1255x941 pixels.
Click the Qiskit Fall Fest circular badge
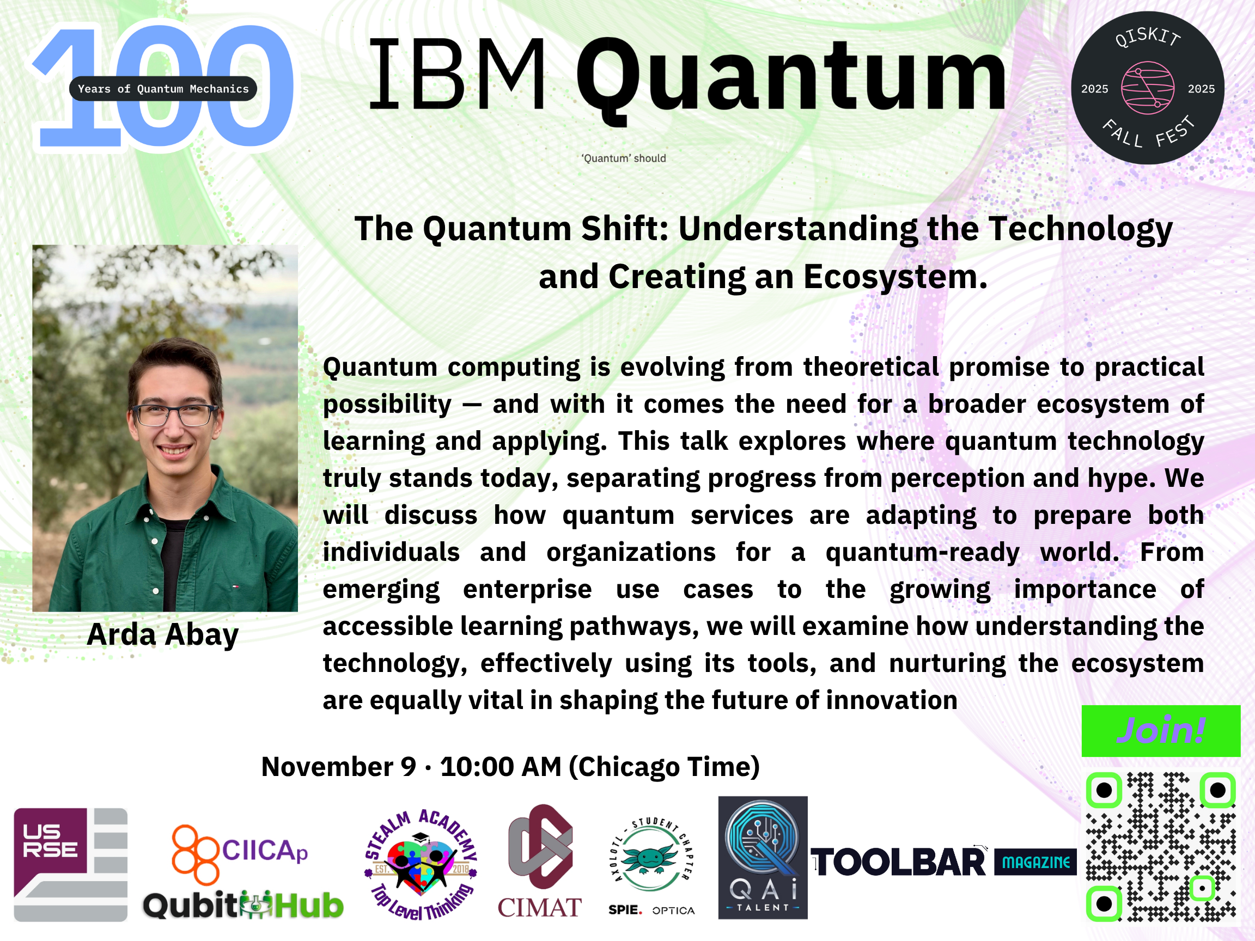[x=1147, y=88]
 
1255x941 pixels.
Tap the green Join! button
[x=1161, y=731]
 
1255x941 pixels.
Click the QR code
[x=1161, y=846]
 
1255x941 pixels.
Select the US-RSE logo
[x=70, y=864]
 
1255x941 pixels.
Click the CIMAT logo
[x=540, y=861]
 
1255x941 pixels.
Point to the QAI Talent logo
[x=763, y=857]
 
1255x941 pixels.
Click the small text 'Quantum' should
[x=624, y=158]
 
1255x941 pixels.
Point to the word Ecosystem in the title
[x=895, y=277]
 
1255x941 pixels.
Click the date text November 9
[x=339, y=767]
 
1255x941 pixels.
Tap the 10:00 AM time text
[x=501, y=767]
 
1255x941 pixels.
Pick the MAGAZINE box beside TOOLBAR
[x=1035, y=862]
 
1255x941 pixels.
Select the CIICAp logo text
[x=264, y=851]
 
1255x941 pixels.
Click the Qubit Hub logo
[x=243, y=905]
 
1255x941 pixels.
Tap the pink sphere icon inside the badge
[x=1147, y=88]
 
